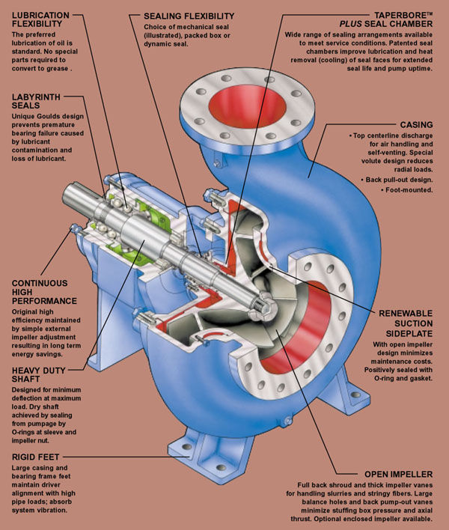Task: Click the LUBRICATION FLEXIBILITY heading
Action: click(x=40, y=19)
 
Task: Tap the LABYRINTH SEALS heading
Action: click(x=36, y=101)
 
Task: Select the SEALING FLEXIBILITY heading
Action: click(x=189, y=16)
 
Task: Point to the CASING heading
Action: click(x=416, y=125)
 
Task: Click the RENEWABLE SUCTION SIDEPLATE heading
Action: click(x=406, y=323)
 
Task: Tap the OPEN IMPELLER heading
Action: click(x=398, y=474)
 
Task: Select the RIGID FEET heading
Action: click(x=35, y=457)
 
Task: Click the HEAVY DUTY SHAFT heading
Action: click(x=38, y=375)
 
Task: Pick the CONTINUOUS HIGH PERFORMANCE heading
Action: click(x=44, y=292)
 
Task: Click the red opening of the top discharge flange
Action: click(x=247, y=106)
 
